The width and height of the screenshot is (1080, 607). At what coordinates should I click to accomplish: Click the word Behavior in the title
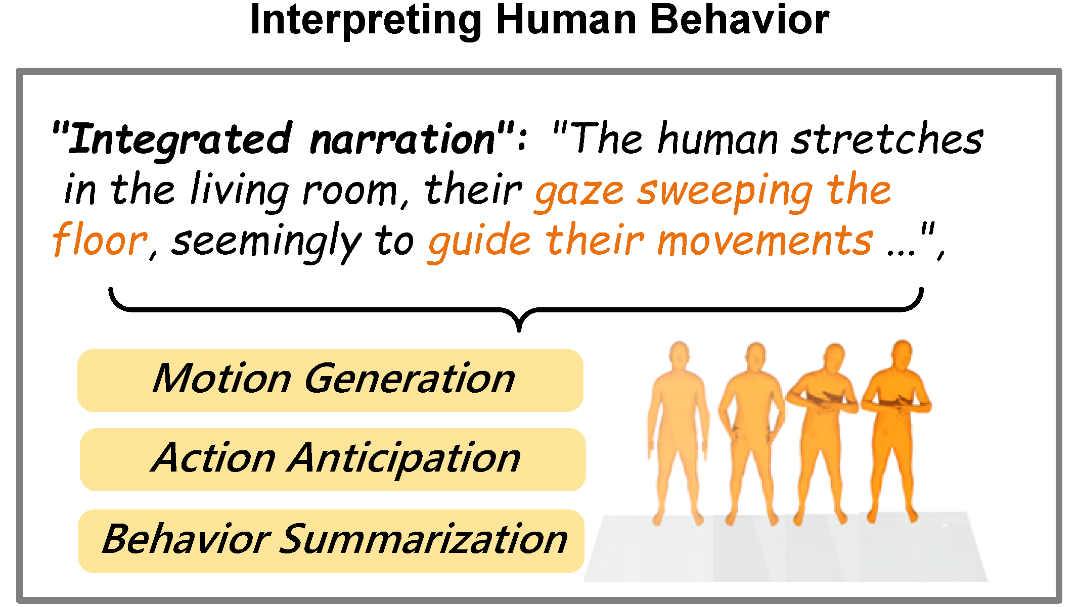tap(739, 20)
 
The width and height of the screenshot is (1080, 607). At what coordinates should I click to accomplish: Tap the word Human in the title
tap(566, 20)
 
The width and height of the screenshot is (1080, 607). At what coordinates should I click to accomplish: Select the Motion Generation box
tap(330, 380)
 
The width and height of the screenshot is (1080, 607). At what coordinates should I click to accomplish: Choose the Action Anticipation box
tap(333, 459)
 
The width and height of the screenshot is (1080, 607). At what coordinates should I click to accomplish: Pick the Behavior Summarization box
tap(331, 541)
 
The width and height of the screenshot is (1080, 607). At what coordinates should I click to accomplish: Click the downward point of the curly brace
tap(519, 329)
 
